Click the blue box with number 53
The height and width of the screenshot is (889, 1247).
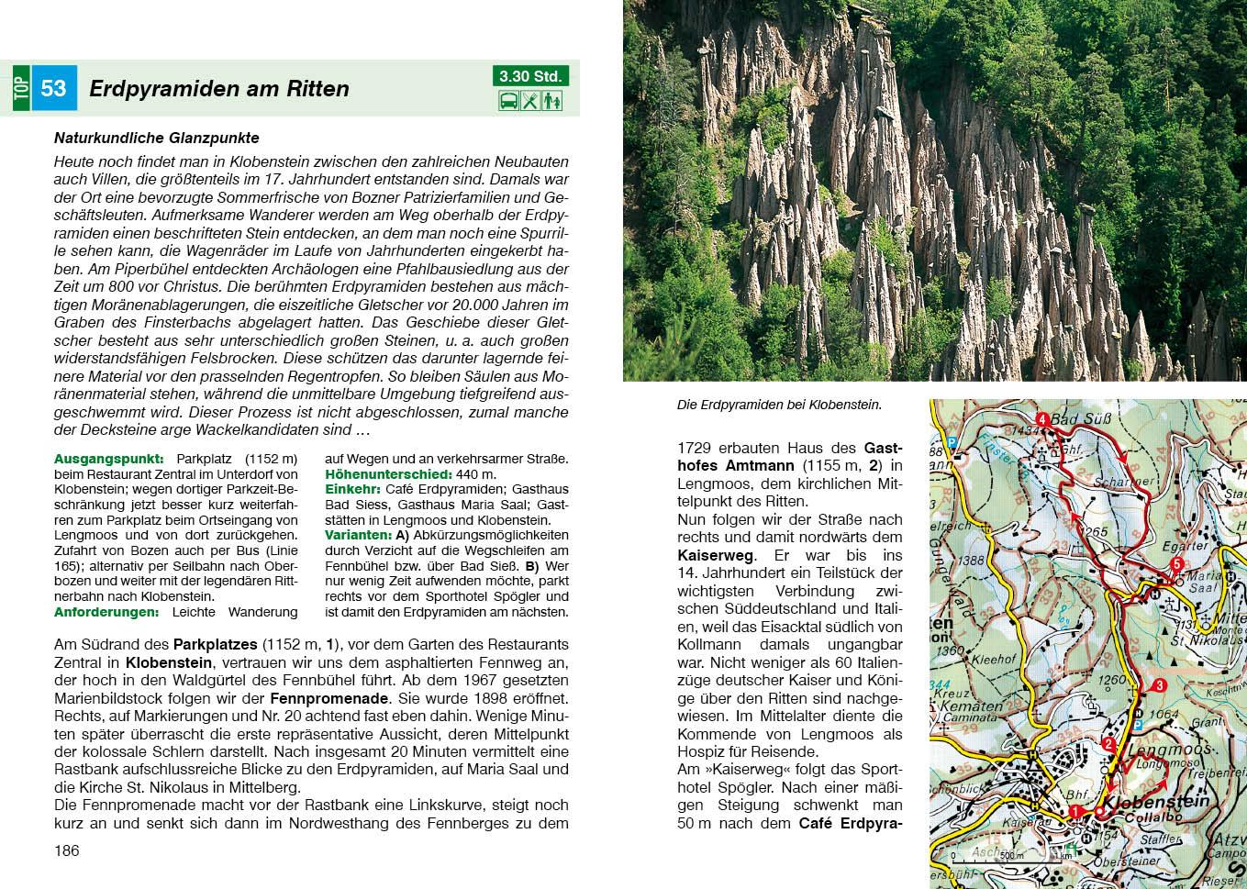pos(54,89)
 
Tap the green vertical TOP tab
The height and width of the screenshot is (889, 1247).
pos(22,89)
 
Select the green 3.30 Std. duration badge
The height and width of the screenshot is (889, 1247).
pos(530,76)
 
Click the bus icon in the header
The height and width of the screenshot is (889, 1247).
pos(507,101)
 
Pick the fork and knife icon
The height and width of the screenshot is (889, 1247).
pos(530,101)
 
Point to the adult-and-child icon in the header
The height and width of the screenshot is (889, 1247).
pos(551,101)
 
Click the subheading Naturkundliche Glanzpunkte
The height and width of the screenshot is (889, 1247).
pos(156,139)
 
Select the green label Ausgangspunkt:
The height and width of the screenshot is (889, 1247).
pos(108,459)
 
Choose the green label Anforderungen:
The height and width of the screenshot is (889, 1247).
pos(106,612)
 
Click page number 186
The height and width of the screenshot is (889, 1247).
pos(67,850)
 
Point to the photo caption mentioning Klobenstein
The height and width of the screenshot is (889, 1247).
pos(778,405)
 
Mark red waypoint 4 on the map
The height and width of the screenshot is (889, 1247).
pos(1041,420)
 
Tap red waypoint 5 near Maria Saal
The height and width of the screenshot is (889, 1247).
pos(1177,565)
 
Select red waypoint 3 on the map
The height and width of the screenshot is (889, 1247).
pos(1159,685)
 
